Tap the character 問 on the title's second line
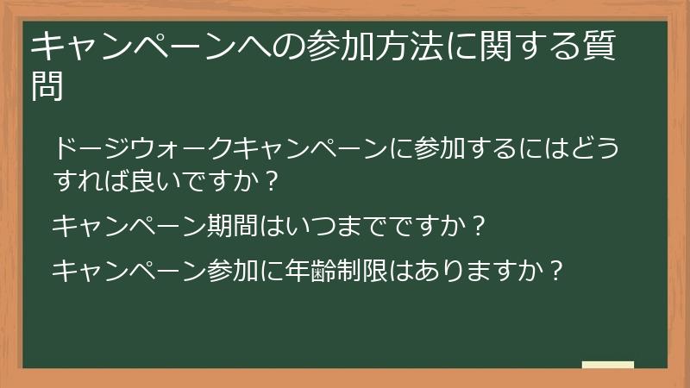(47, 85)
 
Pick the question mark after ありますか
(556, 271)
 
